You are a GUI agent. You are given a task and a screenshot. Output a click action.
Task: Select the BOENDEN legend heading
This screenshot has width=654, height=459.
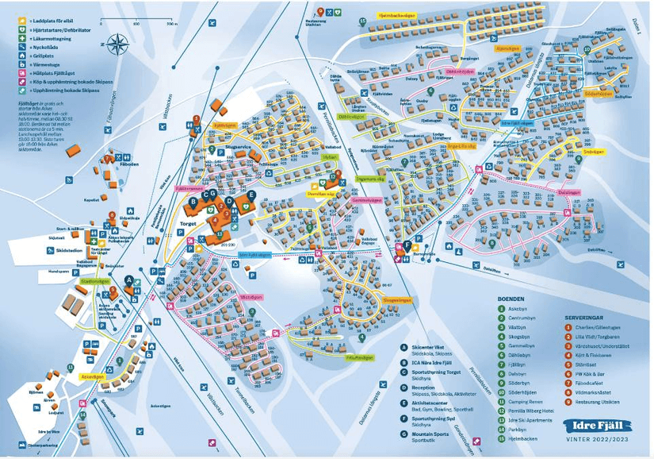(511, 299)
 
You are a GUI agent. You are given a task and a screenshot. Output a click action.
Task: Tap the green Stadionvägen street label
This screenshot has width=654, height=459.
(94, 281)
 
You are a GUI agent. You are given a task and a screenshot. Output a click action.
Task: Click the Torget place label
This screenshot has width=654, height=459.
(188, 223)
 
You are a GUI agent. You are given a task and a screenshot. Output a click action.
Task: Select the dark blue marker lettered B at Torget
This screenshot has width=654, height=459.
(192, 202)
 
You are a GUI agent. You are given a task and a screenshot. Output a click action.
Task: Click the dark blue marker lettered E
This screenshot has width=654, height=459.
(251, 195)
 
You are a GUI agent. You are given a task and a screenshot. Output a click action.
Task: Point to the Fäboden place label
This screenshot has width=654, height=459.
(128, 164)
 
